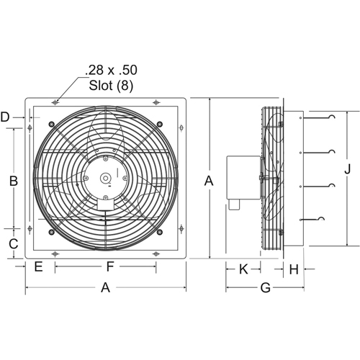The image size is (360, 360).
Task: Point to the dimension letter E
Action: pos(38,267)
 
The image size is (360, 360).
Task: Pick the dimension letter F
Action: pos(109,267)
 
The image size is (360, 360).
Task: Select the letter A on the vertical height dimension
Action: pos(209,181)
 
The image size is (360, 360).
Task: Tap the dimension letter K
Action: pos(243,269)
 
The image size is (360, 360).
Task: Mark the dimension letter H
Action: pos(294,269)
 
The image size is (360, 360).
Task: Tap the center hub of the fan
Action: pos(106,178)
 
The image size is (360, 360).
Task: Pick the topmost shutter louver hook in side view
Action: pos(330,117)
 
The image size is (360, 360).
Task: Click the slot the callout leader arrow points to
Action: pos(55,104)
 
